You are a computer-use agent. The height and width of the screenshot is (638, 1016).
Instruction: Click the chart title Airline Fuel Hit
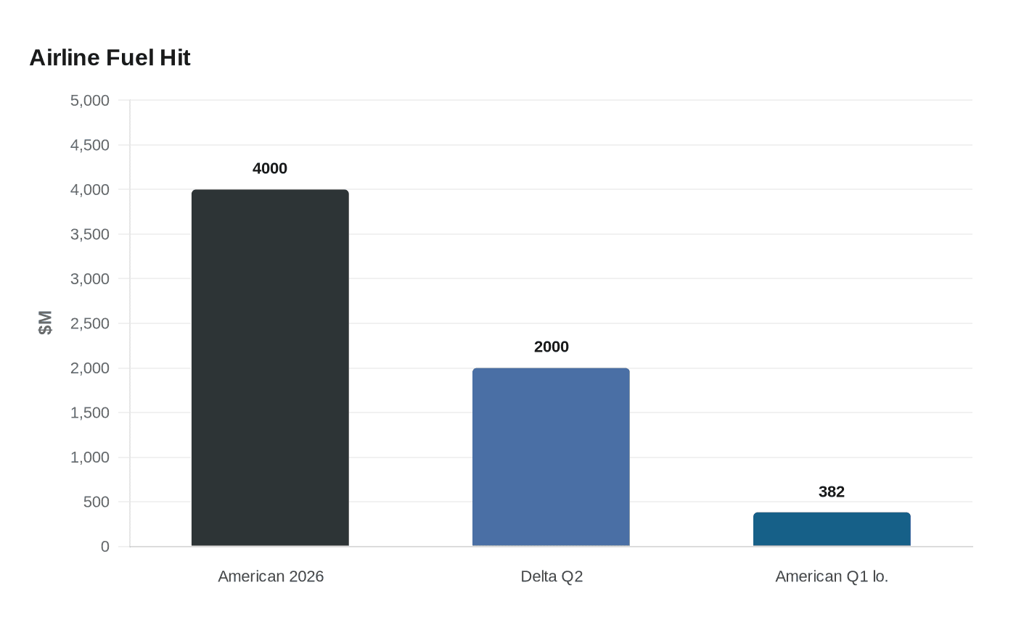coord(110,57)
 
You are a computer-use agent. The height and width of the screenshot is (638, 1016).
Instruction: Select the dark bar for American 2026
coord(270,368)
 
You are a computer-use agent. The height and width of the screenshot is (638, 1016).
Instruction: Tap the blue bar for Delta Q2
coord(551,457)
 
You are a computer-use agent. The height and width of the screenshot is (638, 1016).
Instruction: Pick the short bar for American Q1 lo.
coord(832,529)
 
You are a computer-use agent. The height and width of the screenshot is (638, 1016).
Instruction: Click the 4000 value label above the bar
coord(270,168)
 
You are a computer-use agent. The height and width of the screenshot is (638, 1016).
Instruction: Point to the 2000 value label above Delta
coord(551,347)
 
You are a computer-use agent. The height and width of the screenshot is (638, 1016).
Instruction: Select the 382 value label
coord(832,492)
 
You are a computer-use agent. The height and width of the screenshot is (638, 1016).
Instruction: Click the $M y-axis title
coord(45,323)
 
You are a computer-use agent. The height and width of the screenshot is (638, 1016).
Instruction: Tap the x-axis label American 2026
coord(271,576)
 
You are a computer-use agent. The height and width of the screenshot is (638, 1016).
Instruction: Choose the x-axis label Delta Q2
coord(552,576)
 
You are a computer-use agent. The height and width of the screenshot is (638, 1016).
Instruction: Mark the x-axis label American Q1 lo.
coord(832,576)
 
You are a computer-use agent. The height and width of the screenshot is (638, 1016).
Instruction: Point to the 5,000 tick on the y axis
coord(90,101)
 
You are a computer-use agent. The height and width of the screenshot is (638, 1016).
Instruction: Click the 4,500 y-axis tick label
coord(90,145)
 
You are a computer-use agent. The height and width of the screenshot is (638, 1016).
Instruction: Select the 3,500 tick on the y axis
coord(90,234)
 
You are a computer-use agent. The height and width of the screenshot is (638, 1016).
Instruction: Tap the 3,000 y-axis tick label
coord(90,279)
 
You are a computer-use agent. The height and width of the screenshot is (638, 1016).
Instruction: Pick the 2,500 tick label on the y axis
coord(90,323)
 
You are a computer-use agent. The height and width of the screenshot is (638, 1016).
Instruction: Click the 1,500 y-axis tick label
coord(90,413)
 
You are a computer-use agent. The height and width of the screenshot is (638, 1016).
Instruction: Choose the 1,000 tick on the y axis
coord(90,457)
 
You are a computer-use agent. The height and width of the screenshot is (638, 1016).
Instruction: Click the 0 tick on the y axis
coord(105,547)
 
